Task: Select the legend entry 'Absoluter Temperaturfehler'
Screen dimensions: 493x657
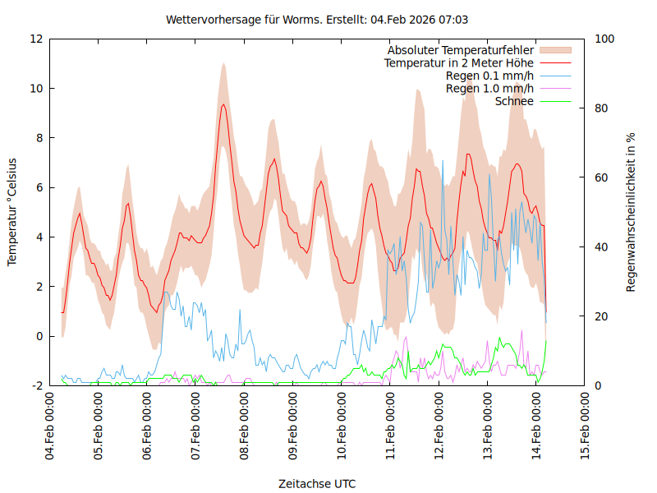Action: point(461,50)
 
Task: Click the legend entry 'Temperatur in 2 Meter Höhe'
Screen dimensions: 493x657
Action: point(459,63)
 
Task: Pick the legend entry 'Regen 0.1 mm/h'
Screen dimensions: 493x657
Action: point(489,76)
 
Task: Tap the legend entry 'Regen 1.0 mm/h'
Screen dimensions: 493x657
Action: point(489,89)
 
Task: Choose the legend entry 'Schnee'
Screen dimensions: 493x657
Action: point(515,101)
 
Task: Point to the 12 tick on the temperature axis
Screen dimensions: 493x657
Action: point(36,39)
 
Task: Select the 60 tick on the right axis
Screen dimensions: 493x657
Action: point(600,177)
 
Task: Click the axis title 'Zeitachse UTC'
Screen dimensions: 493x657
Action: point(317,484)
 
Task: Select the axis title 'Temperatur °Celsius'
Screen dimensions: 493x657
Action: point(12,212)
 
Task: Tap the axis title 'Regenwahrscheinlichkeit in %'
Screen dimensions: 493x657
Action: point(631,212)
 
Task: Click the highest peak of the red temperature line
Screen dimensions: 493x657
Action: point(223,104)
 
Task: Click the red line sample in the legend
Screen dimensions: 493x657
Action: point(554,63)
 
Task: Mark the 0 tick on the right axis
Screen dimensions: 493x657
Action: point(597,385)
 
